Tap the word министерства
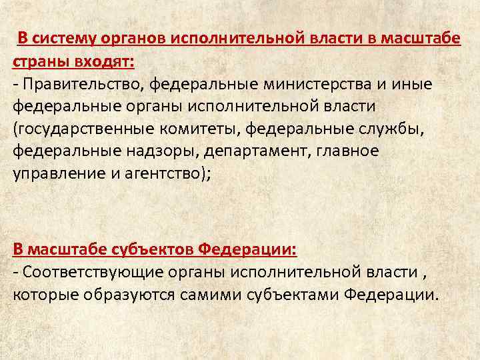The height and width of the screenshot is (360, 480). point(321,85)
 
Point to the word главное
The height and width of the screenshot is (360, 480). point(347,151)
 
